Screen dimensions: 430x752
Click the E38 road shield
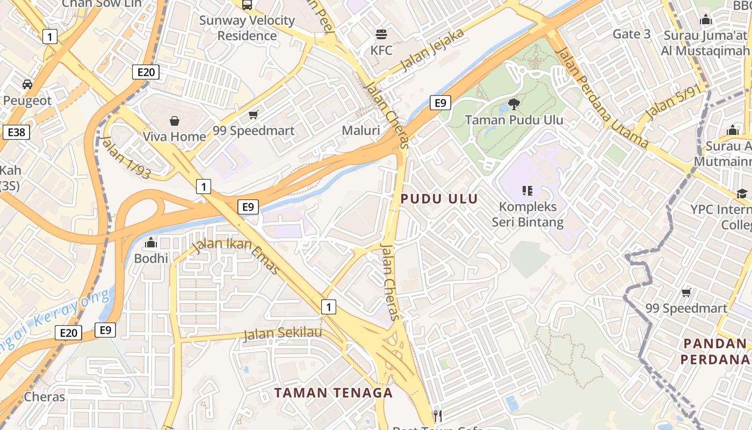click(16, 132)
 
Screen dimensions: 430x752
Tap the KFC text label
click(381, 51)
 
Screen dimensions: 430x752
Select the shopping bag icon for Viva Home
click(174, 121)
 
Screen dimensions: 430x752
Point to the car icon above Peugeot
click(27, 84)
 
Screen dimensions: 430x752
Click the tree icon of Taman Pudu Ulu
click(514, 104)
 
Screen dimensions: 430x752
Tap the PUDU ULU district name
click(439, 198)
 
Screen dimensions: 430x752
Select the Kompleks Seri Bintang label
click(527, 214)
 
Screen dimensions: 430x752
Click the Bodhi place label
click(151, 259)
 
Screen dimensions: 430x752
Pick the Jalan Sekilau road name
click(283, 334)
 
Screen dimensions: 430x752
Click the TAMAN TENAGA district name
click(334, 392)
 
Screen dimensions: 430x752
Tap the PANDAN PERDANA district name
click(714, 351)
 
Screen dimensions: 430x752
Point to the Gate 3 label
click(632, 34)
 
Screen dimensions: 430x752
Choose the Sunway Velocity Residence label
click(247, 28)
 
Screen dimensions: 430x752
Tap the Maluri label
click(361, 131)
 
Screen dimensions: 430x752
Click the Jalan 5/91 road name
click(669, 102)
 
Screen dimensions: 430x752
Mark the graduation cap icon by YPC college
click(742, 193)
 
